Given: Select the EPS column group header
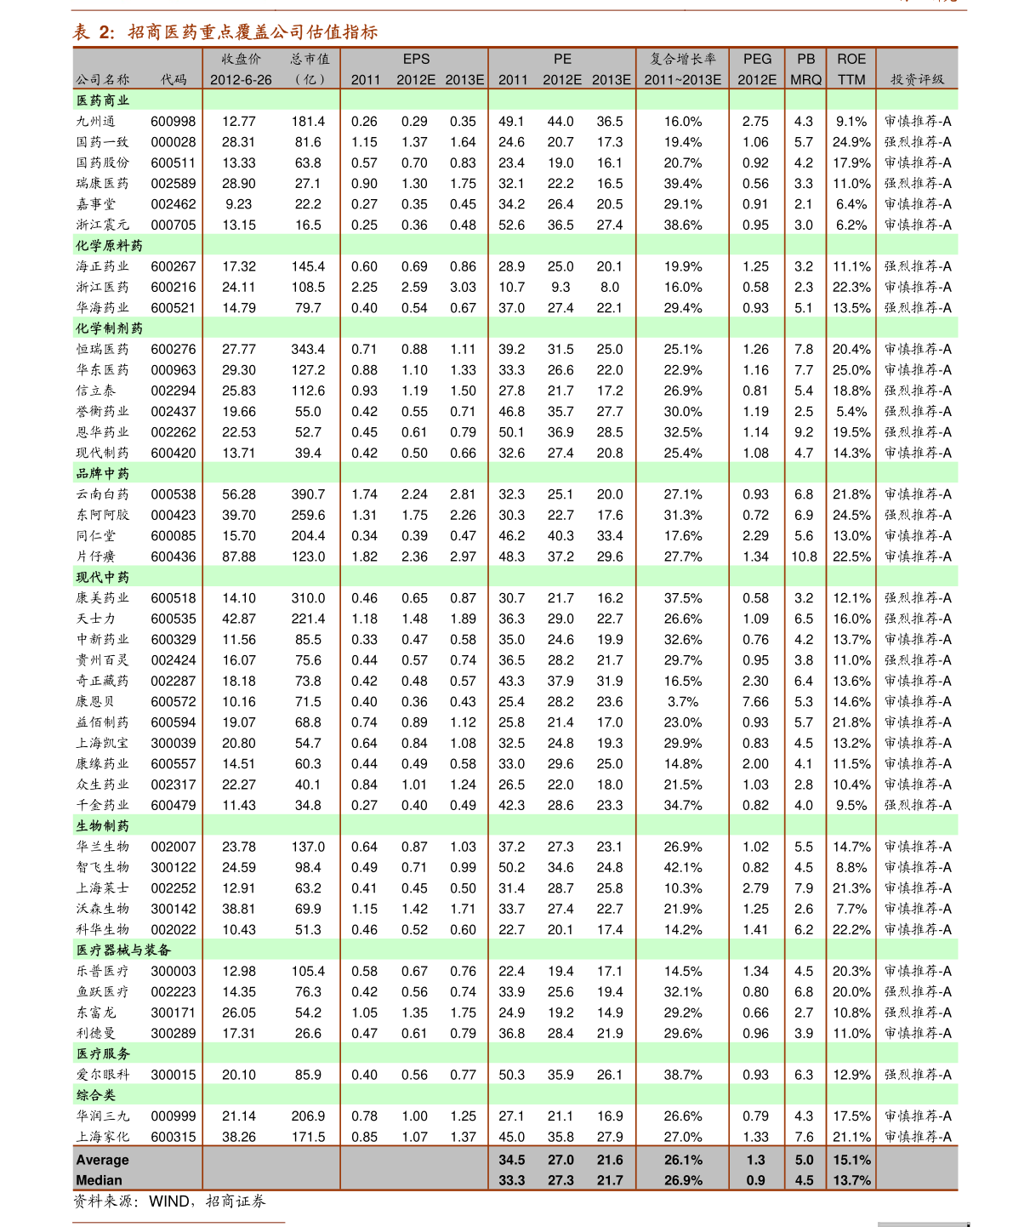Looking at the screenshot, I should [416, 59].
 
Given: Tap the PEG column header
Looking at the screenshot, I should [757, 59].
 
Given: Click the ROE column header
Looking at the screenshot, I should [851, 59].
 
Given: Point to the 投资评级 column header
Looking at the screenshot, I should [917, 79].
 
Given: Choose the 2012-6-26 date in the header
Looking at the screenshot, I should [241, 79].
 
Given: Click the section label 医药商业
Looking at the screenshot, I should [103, 100].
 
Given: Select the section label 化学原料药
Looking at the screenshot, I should [110, 245].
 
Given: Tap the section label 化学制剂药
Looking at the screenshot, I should [110, 328].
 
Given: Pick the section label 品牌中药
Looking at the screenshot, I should [103, 473].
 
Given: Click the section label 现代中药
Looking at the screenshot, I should [103, 577].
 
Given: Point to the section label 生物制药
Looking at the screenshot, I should [103, 825].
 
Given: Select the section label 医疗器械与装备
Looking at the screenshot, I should [124, 950].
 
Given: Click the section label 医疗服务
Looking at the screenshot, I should [103, 1053].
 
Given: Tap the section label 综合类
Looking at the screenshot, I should [96, 1095].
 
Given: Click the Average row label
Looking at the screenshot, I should [102, 1160].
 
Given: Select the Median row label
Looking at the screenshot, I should [99, 1180].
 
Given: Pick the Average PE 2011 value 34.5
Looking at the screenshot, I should [512, 1160].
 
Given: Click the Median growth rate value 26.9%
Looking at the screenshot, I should [683, 1180].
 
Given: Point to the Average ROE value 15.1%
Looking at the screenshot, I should [851, 1160].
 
